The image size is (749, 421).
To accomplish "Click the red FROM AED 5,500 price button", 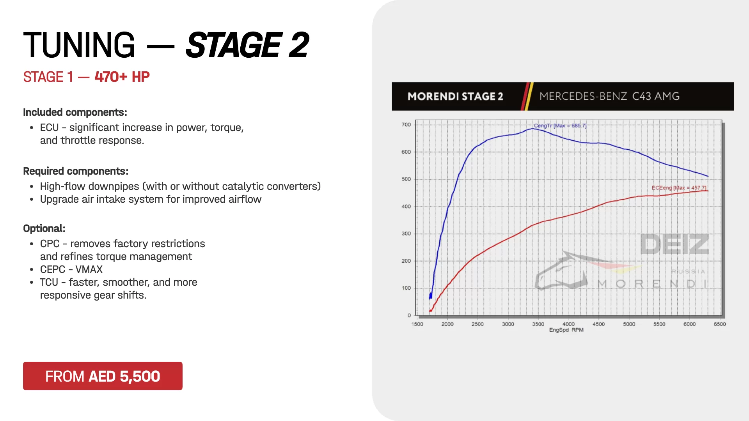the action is click(103, 376).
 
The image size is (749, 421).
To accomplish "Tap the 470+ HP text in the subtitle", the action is click(122, 77).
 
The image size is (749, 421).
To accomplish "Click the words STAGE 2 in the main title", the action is click(247, 45).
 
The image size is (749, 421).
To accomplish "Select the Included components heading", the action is click(75, 112).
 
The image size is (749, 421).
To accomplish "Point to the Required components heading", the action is click(76, 171).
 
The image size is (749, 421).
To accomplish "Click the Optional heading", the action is click(44, 228).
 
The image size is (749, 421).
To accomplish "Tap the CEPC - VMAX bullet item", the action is click(71, 269).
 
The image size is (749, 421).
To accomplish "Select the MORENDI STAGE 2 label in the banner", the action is click(455, 96).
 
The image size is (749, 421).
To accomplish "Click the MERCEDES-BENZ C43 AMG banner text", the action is click(609, 96).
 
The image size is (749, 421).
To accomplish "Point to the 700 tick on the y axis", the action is click(406, 125).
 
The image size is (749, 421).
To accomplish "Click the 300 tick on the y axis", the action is click(406, 233).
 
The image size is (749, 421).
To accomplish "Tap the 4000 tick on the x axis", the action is click(568, 324).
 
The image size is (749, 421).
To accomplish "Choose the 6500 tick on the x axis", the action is click(720, 324).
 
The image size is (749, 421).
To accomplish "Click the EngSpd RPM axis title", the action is click(566, 330).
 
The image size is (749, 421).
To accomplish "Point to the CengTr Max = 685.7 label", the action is click(560, 126).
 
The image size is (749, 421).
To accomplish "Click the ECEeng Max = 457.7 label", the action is click(679, 188).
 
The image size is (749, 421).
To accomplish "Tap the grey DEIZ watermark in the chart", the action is click(674, 244).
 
